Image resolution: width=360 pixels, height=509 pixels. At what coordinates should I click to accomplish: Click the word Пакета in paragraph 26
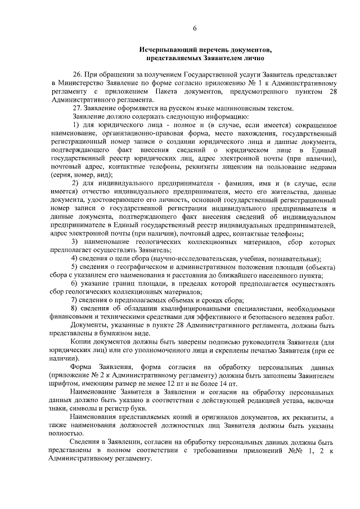click(x=178, y=91)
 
